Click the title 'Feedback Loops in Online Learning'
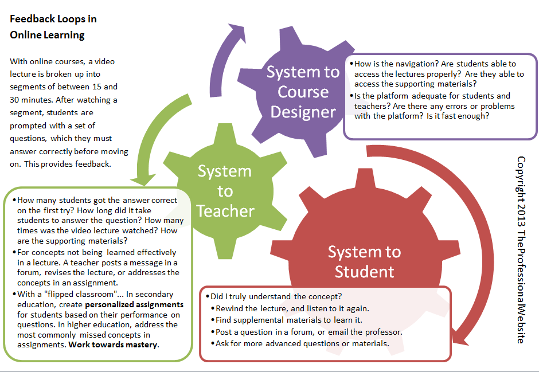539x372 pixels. coord(53,26)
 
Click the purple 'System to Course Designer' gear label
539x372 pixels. coord(303,92)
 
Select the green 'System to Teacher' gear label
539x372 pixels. coord(225,191)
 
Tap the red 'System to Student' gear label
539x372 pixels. coord(364,261)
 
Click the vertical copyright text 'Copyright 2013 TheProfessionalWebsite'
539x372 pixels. coord(521,250)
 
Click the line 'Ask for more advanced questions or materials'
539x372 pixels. coord(302,343)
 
